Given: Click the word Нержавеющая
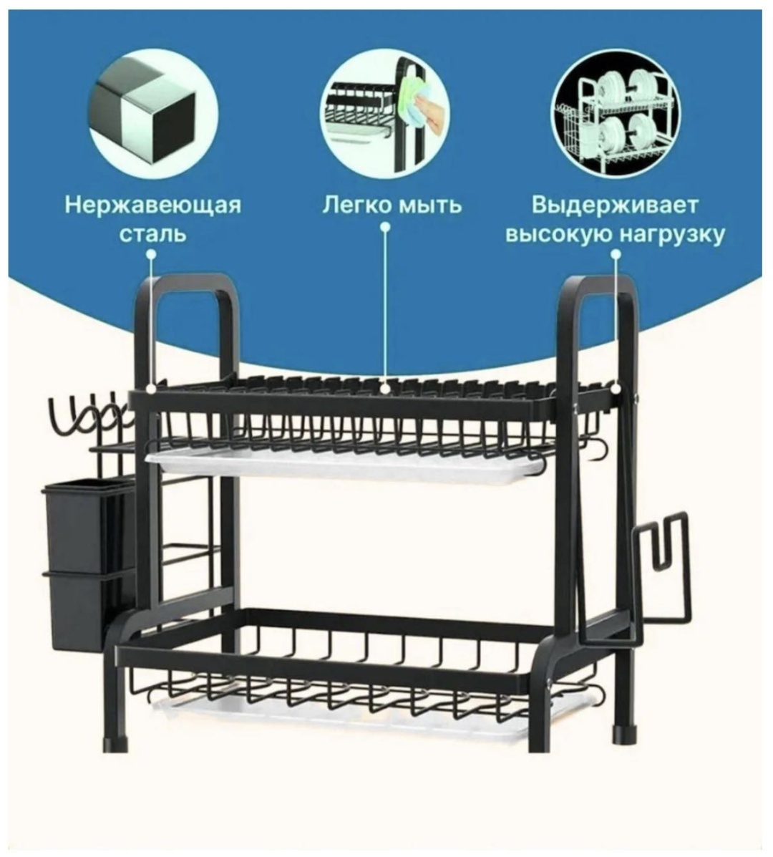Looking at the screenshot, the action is tap(153, 205).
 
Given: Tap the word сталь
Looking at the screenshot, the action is tap(153, 234).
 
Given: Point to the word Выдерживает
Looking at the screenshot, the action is tap(615, 205).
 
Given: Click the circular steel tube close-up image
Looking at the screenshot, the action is tap(153, 112).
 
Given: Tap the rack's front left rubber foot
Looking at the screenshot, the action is tap(116, 742).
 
